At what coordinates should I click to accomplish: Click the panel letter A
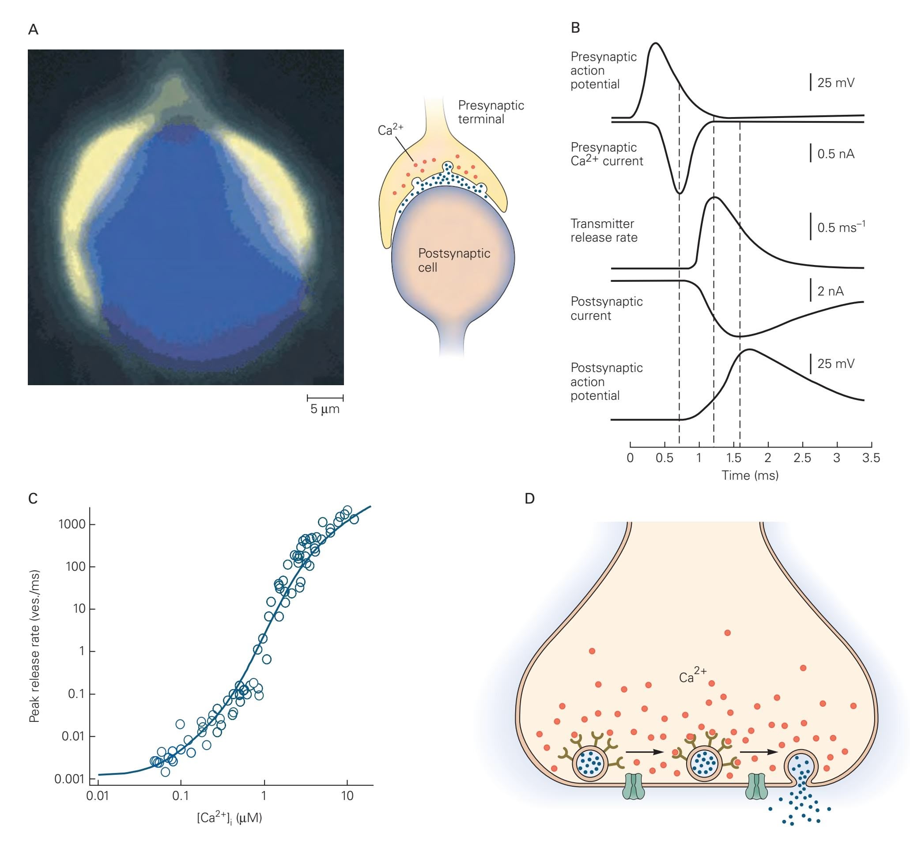coord(33,30)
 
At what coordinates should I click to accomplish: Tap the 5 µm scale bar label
coord(325,409)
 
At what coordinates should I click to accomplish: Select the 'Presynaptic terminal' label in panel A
coord(491,112)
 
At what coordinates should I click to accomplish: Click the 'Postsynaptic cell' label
coord(453,260)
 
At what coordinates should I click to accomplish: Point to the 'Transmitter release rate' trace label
coord(604,230)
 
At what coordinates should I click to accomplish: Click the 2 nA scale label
coord(831,291)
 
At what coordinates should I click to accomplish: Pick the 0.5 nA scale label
coord(836,154)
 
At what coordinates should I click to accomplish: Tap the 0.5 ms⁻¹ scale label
coord(841,227)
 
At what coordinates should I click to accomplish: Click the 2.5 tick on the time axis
coord(802,458)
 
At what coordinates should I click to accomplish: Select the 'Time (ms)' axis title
coord(750,475)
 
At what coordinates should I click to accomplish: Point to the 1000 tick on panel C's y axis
coord(72,524)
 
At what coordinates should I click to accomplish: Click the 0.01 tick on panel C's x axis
coord(98,796)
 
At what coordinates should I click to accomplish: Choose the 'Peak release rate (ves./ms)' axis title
coord(34,646)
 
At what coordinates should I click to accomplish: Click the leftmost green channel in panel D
coord(634,787)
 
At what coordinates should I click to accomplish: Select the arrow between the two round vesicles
coord(645,752)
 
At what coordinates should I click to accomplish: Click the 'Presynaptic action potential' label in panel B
coord(603,71)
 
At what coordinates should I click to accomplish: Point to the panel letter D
coord(529,498)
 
